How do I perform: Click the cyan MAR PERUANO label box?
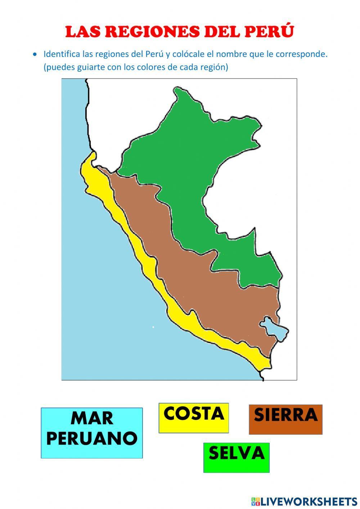pos(91,433)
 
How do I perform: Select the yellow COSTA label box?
pos(194,418)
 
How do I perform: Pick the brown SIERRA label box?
pos(285,419)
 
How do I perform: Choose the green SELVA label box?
pos(236,457)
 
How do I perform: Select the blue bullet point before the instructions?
pos(35,54)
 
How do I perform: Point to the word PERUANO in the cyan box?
pos(91,439)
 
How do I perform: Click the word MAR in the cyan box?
pos(91,419)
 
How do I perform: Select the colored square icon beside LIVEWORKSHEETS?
pos(255,501)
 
